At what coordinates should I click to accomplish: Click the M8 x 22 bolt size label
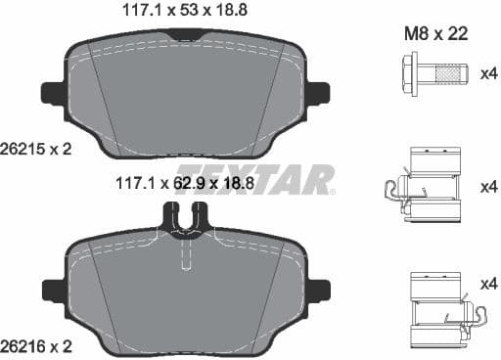pyautogui.click(x=435, y=33)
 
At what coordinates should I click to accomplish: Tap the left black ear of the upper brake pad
pyautogui.click(x=52, y=93)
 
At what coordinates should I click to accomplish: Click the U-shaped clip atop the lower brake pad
pyautogui.click(x=187, y=220)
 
